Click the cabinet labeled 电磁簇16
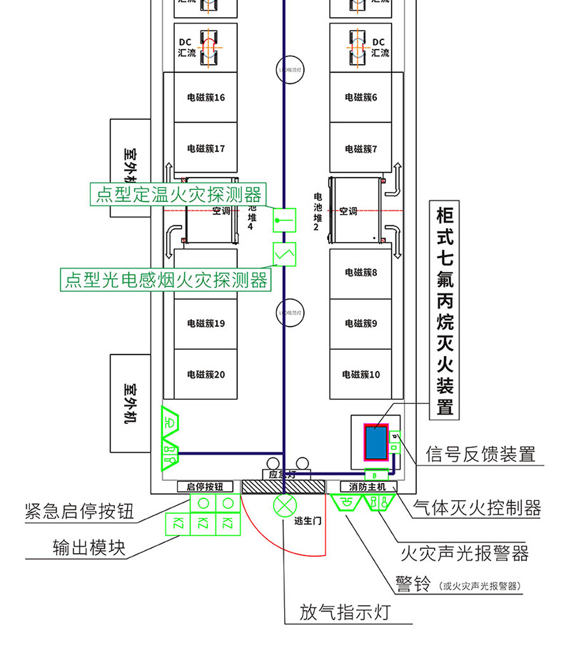point(206,98)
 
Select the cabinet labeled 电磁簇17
point(206,149)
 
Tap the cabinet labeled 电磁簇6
point(360,98)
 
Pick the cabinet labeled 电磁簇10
point(360,374)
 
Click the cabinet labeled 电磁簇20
point(206,374)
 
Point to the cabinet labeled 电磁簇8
point(360,273)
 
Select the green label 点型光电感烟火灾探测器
point(166,280)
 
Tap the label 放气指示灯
point(345,612)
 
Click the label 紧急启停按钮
point(79,511)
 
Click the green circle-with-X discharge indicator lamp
point(285,507)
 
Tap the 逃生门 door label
point(308,521)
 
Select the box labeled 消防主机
point(367,487)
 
